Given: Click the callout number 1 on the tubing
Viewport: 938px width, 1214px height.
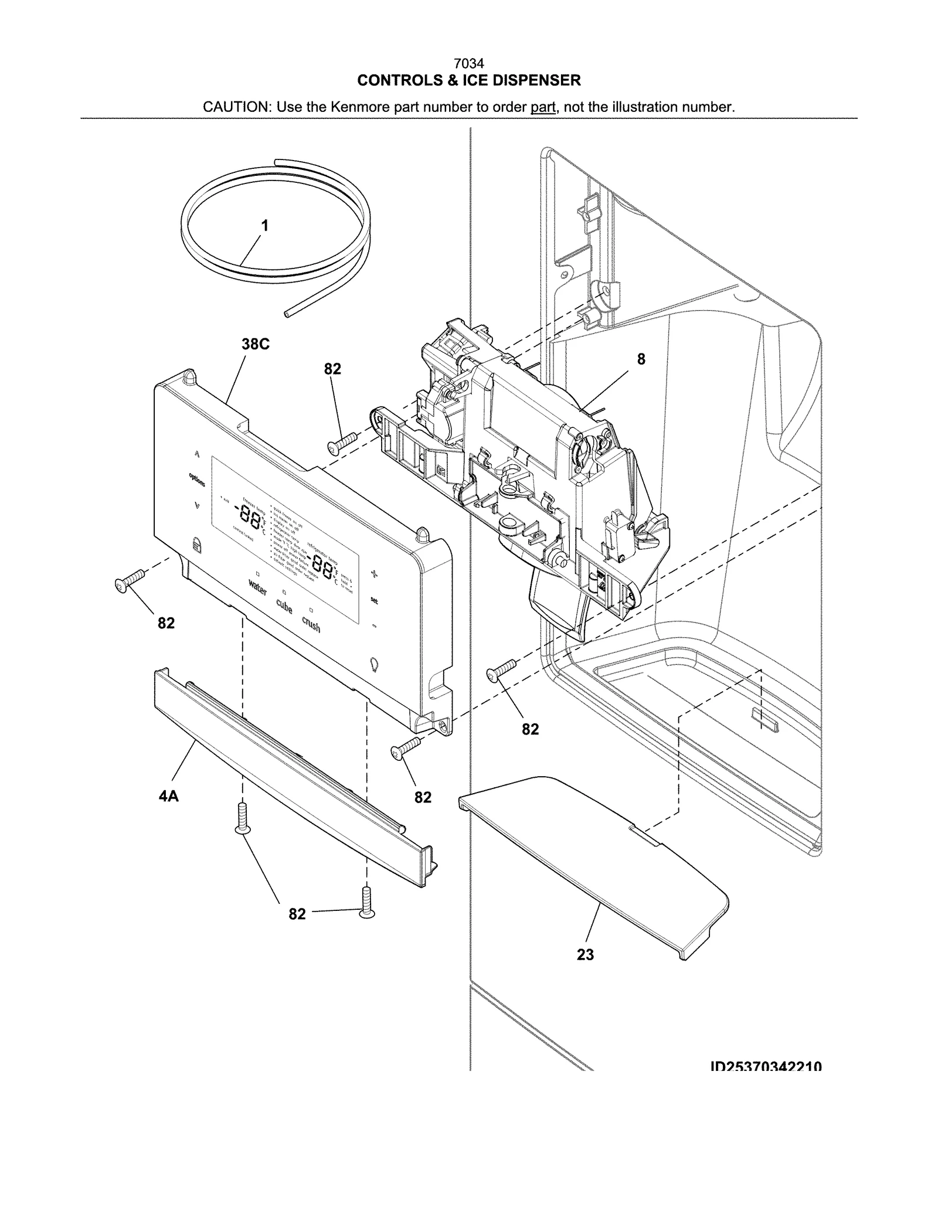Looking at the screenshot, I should pos(264,226).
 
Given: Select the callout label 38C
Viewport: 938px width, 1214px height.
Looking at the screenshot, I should pos(256,344).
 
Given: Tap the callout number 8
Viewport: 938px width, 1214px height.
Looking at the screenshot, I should pos(641,359).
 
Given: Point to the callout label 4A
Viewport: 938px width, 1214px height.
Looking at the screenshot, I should pos(168,796).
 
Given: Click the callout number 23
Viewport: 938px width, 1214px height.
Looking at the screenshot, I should pos(585,955).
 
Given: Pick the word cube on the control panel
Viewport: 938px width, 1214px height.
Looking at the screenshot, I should pos(284,607).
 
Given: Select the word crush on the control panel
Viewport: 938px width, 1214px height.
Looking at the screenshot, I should pos(311,624).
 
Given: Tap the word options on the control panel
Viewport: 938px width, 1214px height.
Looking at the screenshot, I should pos(197,480).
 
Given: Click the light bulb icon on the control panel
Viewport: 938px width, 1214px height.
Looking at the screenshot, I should pos(375,664).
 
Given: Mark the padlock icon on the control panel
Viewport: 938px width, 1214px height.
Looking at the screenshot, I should pos(196,546).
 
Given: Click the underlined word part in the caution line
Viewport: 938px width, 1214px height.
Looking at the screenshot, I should pos(543,107).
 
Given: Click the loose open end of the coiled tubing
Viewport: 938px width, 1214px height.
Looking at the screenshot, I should pos(287,314).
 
